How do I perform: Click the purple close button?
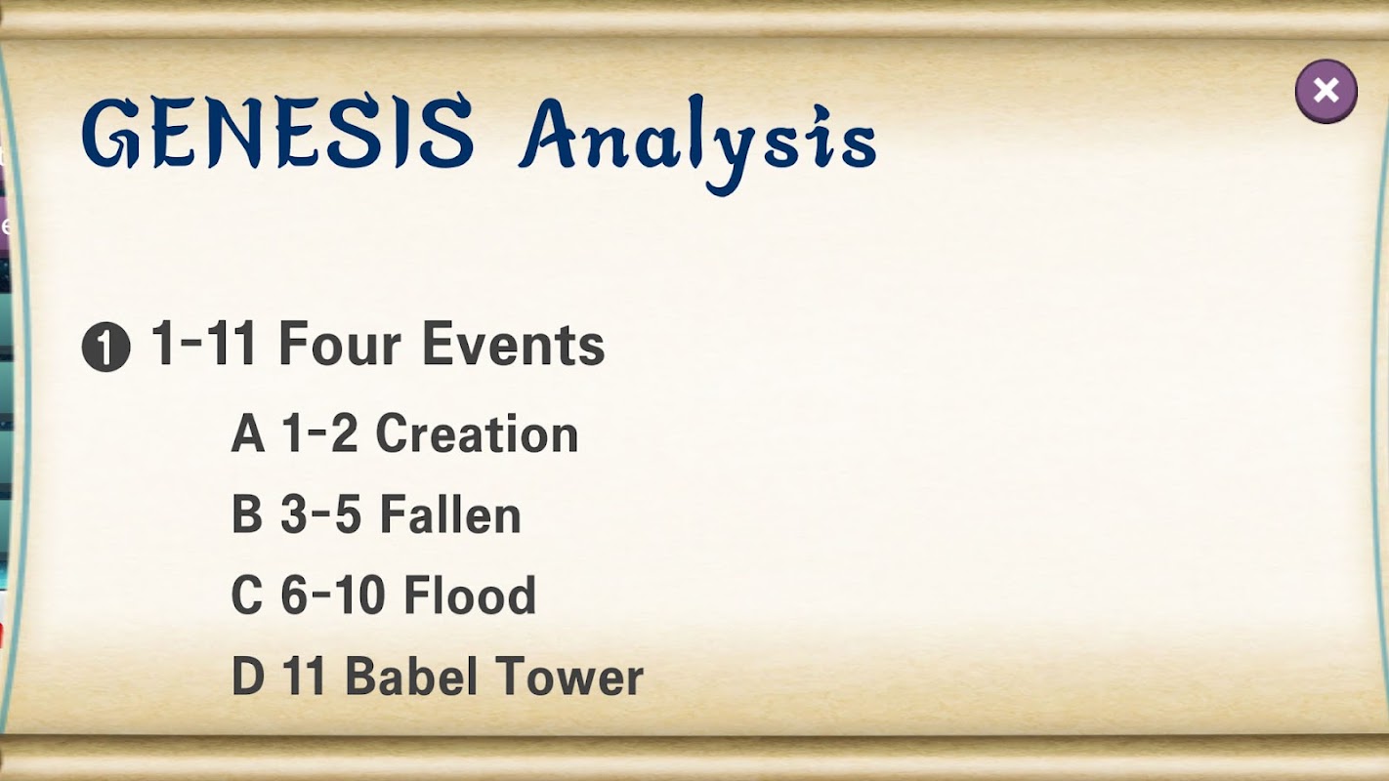[1326, 91]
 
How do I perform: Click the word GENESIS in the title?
[277, 132]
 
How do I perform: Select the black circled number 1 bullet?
[106, 348]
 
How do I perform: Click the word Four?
[340, 344]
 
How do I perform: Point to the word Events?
[514, 344]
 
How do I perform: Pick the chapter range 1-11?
[203, 344]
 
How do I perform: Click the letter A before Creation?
[248, 433]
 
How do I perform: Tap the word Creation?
[477, 433]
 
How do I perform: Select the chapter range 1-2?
[319, 433]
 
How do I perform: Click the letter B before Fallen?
[247, 514]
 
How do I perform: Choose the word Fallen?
[450, 514]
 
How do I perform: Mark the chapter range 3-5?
[320, 514]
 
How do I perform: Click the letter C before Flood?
[246, 595]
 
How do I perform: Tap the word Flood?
[470, 595]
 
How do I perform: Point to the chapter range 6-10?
[333, 595]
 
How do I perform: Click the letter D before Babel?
[247, 676]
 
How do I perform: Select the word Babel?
[410, 675]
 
